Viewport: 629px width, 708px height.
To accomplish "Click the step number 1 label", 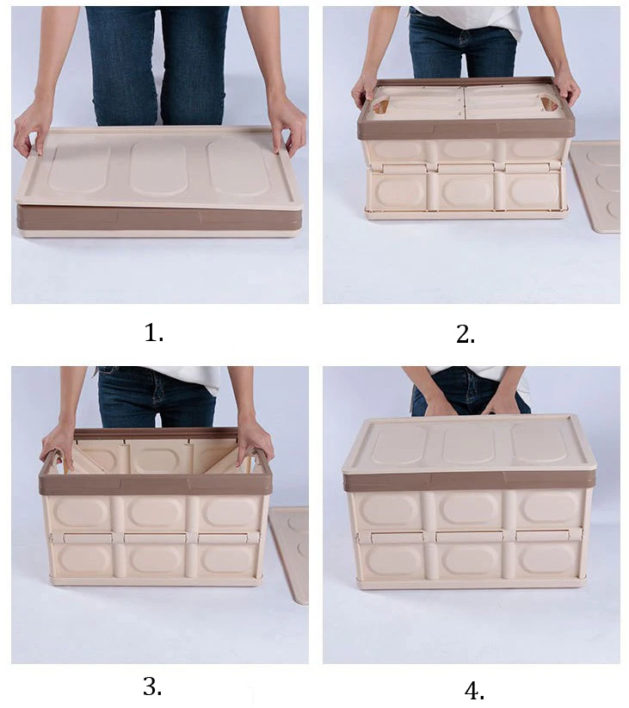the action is (x=153, y=333).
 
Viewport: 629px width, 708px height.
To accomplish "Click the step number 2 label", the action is (x=466, y=334).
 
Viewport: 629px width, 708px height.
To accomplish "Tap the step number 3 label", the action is (x=152, y=686).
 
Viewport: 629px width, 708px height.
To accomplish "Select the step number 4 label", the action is (x=474, y=691).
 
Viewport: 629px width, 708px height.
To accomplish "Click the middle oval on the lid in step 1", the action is (x=158, y=169).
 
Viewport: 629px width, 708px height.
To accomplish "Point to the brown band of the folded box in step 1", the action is (x=159, y=220).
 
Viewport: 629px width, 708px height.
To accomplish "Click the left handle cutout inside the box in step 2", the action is (x=381, y=108).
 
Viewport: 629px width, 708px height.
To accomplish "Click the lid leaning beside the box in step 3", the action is (x=290, y=555).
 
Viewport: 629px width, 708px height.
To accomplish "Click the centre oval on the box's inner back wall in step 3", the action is (x=156, y=458).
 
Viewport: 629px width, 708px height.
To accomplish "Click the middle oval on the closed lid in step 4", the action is (x=468, y=445).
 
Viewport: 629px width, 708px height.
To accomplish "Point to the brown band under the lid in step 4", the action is (x=468, y=482).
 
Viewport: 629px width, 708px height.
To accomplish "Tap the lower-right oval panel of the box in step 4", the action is (x=547, y=559).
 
